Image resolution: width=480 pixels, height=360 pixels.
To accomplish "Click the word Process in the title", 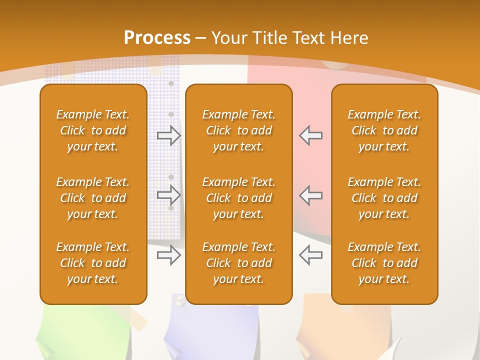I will point(157,38).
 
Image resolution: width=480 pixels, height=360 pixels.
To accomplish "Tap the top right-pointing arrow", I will point(169,135).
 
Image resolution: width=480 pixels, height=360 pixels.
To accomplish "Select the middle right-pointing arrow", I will point(169,194).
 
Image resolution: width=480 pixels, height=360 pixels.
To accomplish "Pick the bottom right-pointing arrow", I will point(169,255).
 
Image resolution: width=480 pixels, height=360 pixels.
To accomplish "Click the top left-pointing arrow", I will point(310,135).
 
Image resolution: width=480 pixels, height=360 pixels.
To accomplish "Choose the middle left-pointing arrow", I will point(310,194).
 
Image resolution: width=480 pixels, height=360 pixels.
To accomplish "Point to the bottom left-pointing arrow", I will point(310,255).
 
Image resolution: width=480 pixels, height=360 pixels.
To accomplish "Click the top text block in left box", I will point(93,130).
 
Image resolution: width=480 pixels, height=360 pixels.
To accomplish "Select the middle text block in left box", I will point(93,198).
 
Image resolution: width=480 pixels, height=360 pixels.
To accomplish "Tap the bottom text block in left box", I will point(93,263).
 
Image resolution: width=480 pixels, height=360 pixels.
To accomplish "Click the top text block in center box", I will point(238,130).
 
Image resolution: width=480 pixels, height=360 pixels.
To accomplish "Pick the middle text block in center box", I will point(238,198).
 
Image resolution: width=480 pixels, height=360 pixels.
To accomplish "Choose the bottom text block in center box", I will point(238,263).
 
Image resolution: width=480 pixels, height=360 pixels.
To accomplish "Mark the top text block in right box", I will point(384,130).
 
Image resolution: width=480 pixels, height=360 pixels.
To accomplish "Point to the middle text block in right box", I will point(384,198).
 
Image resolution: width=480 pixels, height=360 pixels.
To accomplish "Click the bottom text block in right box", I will point(384,263).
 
